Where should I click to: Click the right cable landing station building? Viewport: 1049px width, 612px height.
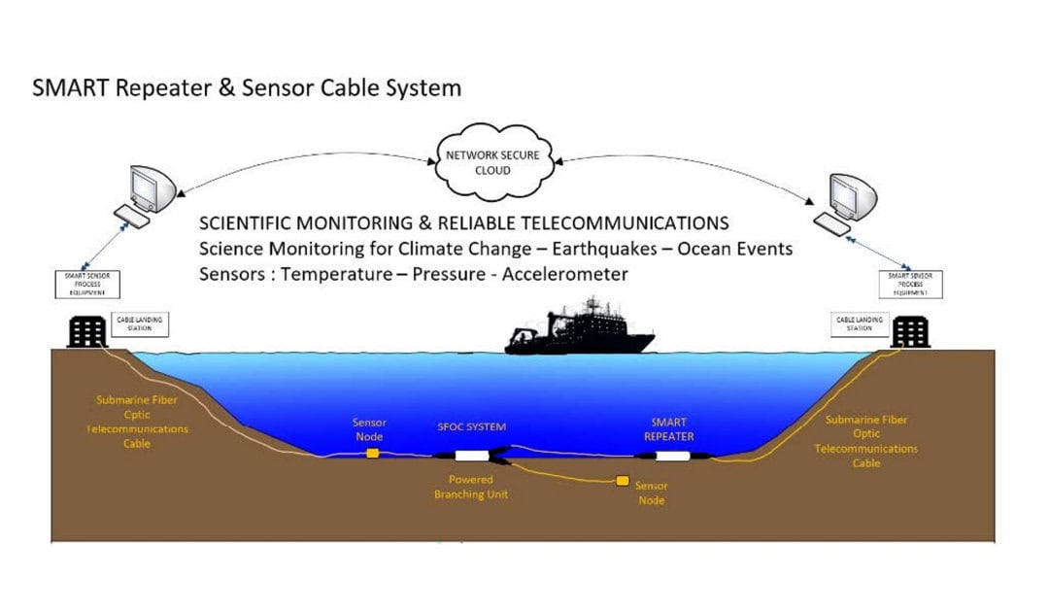(x=910, y=332)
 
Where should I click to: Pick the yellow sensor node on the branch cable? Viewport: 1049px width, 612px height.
(x=623, y=480)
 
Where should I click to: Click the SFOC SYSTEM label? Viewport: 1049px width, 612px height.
(x=471, y=426)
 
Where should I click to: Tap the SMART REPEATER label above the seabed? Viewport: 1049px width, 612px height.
(x=670, y=428)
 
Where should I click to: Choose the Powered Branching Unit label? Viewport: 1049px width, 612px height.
(x=470, y=487)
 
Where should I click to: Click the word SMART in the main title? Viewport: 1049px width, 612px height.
(x=70, y=87)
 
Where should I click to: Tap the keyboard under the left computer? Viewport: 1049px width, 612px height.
(x=130, y=215)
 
